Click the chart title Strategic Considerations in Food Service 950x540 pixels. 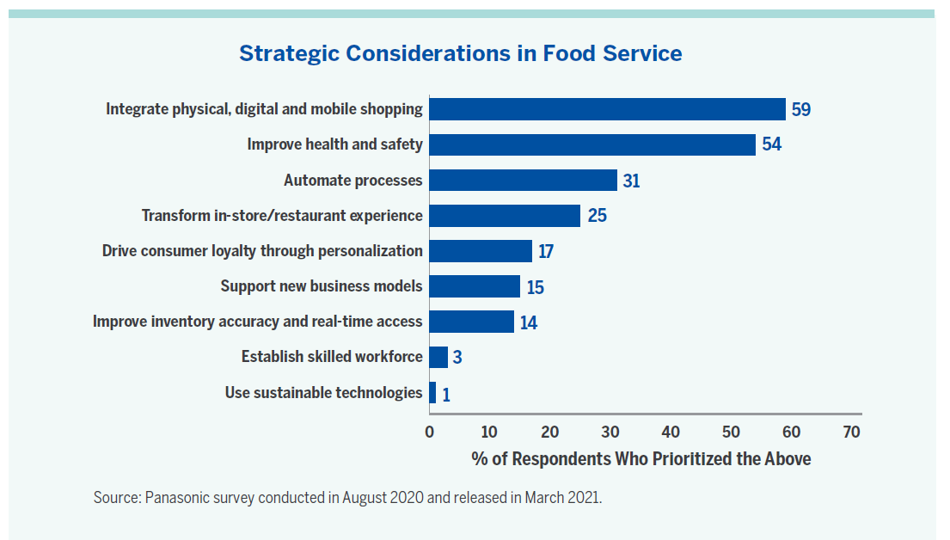pos(460,53)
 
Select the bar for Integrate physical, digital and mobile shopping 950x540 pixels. pos(607,109)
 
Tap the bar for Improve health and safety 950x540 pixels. pos(592,144)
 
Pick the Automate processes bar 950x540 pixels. pos(523,180)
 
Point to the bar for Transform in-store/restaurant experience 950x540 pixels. pos(505,215)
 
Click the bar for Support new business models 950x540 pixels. pos(475,286)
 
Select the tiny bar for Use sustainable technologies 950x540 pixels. pos(432,393)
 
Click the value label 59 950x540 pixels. pos(801,110)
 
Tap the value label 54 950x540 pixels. pos(771,144)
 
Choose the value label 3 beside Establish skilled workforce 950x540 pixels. pos(457,357)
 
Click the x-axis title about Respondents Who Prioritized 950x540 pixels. pos(640,458)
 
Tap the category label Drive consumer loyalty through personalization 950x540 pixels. pos(262,251)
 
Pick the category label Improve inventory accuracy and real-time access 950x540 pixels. pos(258,322)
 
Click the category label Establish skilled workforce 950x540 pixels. pos(332,357)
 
